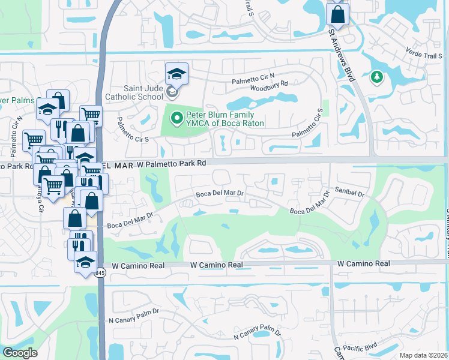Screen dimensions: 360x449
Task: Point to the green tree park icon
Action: (x=377, y=77)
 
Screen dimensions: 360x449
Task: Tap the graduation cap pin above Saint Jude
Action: (x=176, y=74)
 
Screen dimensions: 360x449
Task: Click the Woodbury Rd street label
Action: (x=269, y=84)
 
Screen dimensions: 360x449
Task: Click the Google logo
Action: (x=20, y=353)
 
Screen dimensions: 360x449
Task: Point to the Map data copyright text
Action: (x=424, y=355)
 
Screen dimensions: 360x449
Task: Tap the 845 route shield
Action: (x=100, y=274)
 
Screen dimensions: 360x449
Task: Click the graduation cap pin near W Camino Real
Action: (x=85, y=262)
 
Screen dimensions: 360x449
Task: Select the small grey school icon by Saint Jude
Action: (x=172, y=92)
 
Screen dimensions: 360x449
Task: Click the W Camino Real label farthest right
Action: (x=363, y=263)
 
